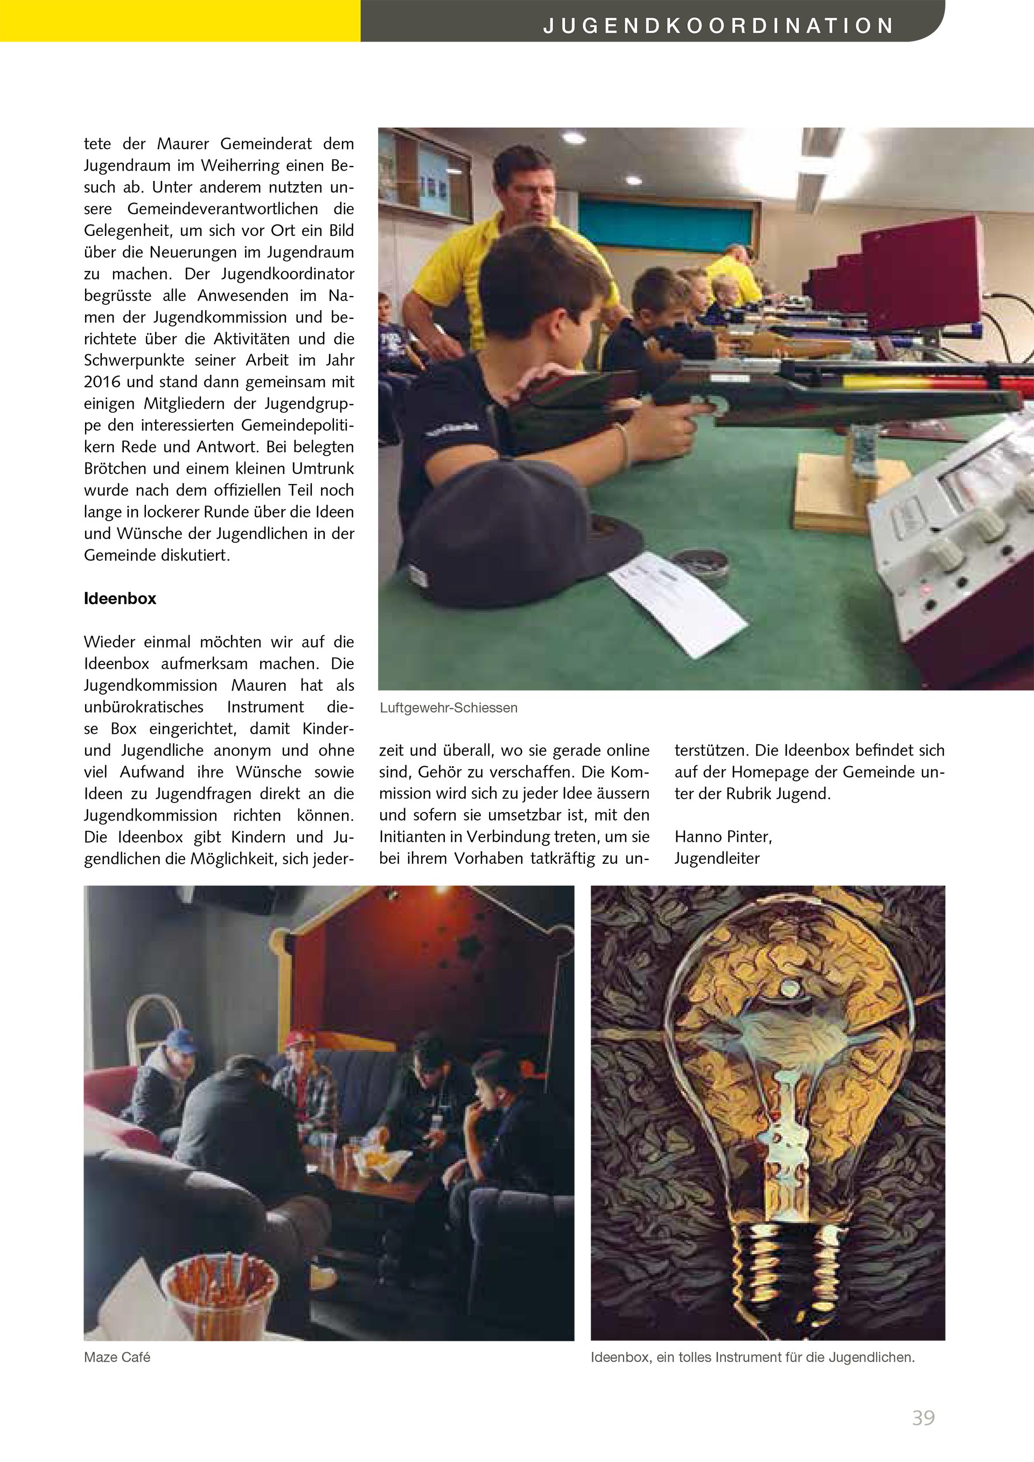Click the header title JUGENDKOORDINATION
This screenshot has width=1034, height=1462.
(718, 26)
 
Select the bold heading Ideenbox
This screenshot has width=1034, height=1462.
(120, 599)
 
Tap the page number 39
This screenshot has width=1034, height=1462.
(923, 1417)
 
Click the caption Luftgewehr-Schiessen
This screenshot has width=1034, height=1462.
(448, 708)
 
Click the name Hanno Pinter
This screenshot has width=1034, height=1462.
(723, 836)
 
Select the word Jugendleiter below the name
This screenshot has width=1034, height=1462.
(717, 858)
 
